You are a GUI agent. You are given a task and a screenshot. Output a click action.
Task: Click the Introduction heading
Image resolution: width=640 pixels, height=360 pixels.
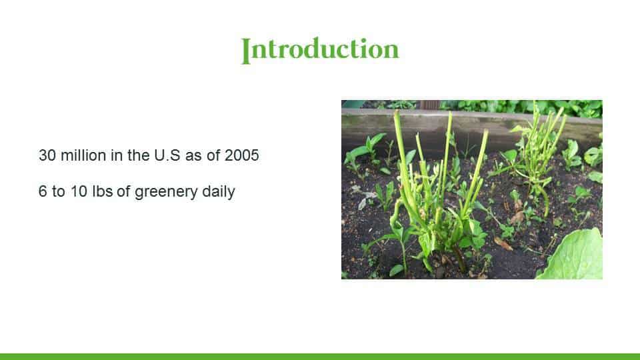(320, 50)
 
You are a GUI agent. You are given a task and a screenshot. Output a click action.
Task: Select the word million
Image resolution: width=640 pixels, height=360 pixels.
(83, 155)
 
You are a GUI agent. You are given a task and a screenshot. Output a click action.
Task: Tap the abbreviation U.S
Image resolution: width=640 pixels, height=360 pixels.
(167, 155)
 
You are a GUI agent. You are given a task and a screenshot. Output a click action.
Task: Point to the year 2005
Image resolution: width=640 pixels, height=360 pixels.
(241, 155)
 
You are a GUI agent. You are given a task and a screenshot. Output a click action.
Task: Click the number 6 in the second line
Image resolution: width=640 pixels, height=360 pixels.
(43, 191)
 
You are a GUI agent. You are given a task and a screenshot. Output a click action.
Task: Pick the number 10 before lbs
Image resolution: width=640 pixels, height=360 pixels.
(79, 191)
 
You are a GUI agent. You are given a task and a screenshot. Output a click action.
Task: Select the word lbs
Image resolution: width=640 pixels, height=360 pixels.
(103, 191)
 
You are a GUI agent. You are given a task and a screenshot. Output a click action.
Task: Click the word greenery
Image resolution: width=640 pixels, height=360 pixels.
(166, 192)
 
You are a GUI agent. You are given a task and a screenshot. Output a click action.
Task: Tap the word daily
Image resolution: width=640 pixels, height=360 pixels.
(219, 192)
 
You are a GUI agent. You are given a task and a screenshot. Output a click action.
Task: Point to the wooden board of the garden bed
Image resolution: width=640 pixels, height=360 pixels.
(469, 127)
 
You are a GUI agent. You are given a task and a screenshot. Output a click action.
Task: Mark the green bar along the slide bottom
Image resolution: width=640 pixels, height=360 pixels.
(320, 357)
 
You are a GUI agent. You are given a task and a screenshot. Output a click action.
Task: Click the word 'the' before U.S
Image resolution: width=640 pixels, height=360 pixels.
(139, 155)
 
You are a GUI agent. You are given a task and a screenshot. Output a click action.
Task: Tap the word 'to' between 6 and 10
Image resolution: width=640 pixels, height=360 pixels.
(59, 191)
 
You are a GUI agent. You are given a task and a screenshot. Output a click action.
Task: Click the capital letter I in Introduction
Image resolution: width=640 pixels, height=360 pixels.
(246, 51)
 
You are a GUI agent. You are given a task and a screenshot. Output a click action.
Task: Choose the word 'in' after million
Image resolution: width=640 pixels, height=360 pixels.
(117, 155)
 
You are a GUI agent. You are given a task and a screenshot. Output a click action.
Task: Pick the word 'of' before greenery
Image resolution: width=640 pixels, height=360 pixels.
(123, 191)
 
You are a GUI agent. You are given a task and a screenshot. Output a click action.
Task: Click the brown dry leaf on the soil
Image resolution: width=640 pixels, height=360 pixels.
(503, 244)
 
